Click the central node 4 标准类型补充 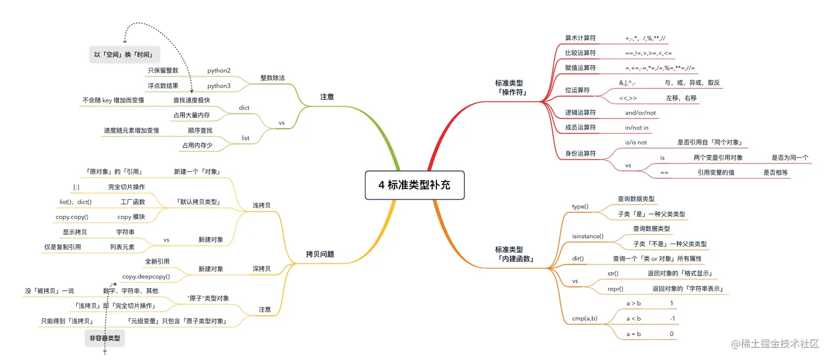tap(414, 185)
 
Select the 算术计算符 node tap(580, 38)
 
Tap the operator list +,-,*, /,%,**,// tap(646, 38)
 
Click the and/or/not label tap(640, 113)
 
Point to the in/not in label tap(637, 127)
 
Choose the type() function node tap(580, 206)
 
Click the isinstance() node tap(587, 237)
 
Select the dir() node tap(577, 258)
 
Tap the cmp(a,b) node tap(585, 318)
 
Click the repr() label tap(615, 289)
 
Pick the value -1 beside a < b tap(672, 318)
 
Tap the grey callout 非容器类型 tap(105, 339)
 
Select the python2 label tap(218, 71)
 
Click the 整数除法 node tap(272, 78)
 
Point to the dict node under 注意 tap(244, 108)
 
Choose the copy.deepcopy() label tap(146, 277)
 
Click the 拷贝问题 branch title tap(320, 254)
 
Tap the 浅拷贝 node tap(261, 205)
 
